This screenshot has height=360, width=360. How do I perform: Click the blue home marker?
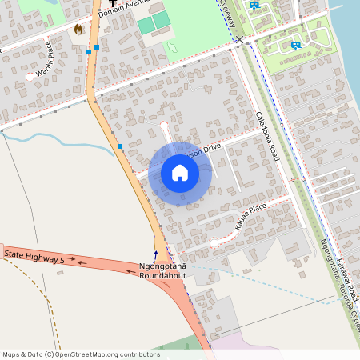(x=180, y=173)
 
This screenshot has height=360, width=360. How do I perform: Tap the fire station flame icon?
(x=78, y=29)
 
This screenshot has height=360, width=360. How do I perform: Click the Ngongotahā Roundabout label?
(x=162, y=270)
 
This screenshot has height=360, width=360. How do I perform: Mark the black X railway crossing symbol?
(x=238, y=38)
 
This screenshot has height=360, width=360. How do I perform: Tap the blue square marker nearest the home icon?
(x=120, y=146)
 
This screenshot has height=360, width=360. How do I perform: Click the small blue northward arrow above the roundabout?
(x=156, y=253)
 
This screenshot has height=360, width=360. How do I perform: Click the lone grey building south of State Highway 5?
(x=60, y=274)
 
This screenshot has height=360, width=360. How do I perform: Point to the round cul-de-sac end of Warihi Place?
(x=30, y=77)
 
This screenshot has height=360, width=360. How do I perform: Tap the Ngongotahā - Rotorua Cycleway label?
(x=336, y=280)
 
